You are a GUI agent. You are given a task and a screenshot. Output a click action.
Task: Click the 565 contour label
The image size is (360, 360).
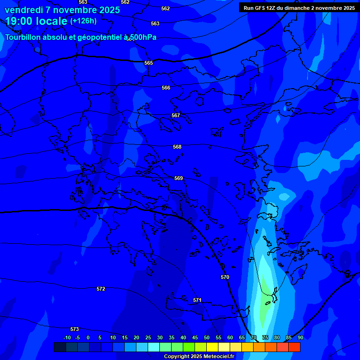149,63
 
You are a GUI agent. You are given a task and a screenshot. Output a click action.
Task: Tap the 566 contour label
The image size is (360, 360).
166,88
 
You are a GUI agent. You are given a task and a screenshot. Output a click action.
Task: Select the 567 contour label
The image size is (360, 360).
176,115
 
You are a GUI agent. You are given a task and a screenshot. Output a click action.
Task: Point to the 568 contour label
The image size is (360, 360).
177,147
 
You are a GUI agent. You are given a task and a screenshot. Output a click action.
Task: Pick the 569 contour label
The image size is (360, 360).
179,178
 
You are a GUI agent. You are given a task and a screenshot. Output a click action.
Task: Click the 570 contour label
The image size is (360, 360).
225,277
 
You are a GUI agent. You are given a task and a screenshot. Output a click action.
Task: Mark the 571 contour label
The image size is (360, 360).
197,300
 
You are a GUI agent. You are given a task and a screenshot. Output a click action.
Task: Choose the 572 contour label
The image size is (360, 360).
101,289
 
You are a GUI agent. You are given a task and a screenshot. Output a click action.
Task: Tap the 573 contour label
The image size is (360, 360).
75,329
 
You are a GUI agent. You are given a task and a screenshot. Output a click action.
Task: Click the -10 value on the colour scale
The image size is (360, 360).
67,338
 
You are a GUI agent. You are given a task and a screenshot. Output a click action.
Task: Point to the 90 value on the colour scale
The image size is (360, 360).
300,338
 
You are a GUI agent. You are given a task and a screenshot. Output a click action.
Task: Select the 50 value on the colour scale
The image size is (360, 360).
207,338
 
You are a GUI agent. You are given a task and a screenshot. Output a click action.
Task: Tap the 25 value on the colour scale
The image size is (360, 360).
148,338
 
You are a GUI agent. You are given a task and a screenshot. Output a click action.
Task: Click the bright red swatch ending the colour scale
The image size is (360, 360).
294,347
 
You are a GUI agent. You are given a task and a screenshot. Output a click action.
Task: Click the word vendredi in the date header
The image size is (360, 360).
23,10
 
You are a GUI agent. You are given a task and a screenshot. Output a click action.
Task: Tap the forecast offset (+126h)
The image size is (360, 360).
83,21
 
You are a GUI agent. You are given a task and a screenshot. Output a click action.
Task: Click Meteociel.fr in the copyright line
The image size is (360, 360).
217,357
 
